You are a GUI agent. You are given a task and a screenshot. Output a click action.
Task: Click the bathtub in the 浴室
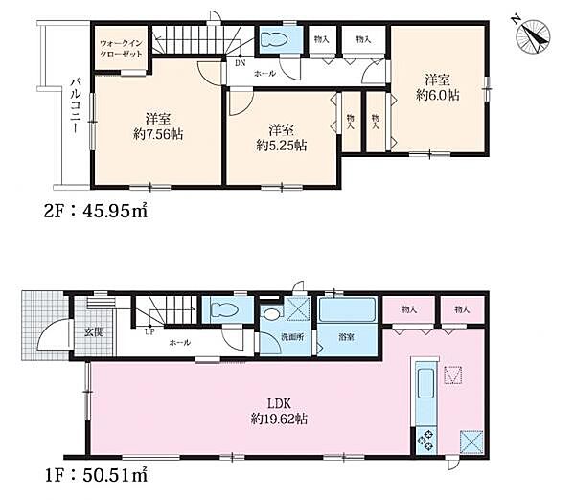[x=347, y=310]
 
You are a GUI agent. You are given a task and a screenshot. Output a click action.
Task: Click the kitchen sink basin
[x=425, y=383]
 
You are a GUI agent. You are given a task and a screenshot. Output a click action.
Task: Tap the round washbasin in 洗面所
[x=272, y=314]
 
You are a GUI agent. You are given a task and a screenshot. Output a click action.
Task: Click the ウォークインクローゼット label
[x=121, y=49]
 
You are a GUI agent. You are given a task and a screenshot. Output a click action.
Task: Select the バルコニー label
[x=76, y=106]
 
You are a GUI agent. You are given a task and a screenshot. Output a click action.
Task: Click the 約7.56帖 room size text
[x=158, y=134]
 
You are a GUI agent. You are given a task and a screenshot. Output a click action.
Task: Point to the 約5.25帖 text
[x=282, y=146]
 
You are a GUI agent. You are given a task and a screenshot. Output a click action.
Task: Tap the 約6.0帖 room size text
[x=438, y=96]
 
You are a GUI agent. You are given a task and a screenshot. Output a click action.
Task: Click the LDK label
[x=279, y=404]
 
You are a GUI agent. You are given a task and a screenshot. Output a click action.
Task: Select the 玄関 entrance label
[x=94, y=332]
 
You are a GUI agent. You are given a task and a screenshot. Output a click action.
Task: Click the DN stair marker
[x=241, y=63]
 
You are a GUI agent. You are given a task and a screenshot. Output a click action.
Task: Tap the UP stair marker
[x=149, y=332]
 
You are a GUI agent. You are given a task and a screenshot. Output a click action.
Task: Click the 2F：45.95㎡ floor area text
[x=96, y=211]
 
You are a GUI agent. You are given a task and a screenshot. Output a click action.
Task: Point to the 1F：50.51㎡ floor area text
[x=96, y=475]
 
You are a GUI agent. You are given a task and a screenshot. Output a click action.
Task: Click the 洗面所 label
[x=292, y=337]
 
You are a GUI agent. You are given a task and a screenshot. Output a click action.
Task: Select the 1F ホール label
[x=180, y=343]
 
